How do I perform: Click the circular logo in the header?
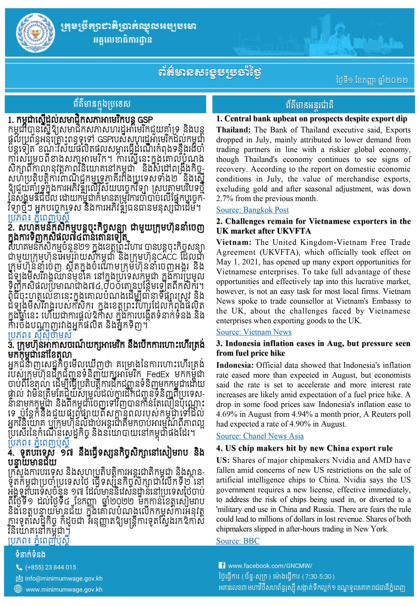pos(37,32)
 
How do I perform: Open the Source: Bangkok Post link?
pos(252,210)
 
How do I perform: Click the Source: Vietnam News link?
pos(254,332)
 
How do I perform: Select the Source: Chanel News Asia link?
pos(260,436)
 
